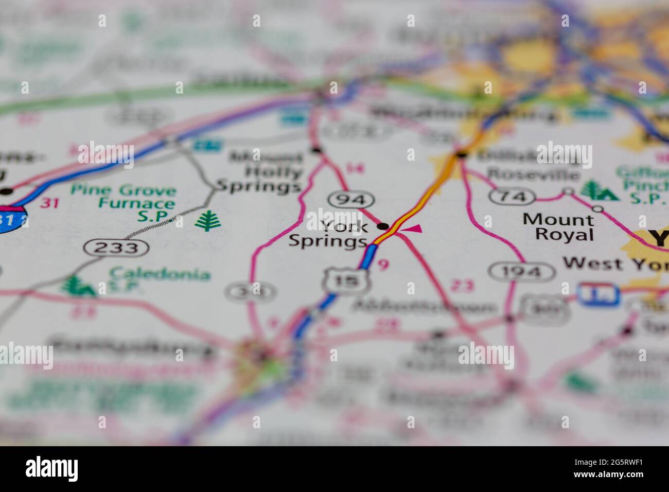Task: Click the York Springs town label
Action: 328,233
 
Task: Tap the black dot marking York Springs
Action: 383,226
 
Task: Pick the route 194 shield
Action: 522,271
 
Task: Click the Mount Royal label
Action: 559,227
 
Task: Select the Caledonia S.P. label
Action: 159,278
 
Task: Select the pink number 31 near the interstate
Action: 49,203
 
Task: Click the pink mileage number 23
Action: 462,286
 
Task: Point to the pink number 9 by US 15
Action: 382,265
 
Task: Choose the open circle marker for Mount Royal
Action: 597,209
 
